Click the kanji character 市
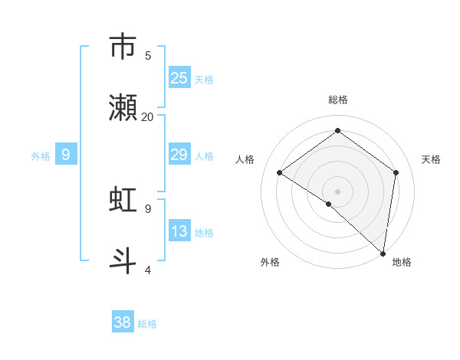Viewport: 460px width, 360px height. [x=123, y=47]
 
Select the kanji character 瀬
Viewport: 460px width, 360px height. [x=123, y=108]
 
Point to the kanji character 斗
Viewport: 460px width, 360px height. [x=123, y=261]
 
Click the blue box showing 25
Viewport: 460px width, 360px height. [x=179, y=77]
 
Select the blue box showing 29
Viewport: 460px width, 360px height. [x=179, y=155]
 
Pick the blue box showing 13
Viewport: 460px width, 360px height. [x=179, y=231]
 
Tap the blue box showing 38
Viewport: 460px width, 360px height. [x=123, y=322]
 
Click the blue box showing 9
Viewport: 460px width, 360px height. [x=66, y=155]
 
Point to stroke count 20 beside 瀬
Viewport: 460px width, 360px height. [x=148, y=116]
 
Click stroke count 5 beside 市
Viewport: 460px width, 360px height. [x=148, y=55]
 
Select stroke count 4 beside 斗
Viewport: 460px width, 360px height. [x=148, y=270]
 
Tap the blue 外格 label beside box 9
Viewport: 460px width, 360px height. [x=41, y=155]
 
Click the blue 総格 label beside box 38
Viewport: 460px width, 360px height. [x=147, y=323]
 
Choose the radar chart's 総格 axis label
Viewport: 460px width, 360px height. [x=337, y=100]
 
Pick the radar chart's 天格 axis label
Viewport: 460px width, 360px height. [x=432, y=159]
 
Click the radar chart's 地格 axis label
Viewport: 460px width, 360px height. [x=402, y=262]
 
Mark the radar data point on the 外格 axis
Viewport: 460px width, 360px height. [x=329, y=204]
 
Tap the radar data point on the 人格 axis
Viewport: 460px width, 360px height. [x=280, y=172]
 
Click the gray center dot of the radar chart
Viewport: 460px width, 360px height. [x=337, y=191]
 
